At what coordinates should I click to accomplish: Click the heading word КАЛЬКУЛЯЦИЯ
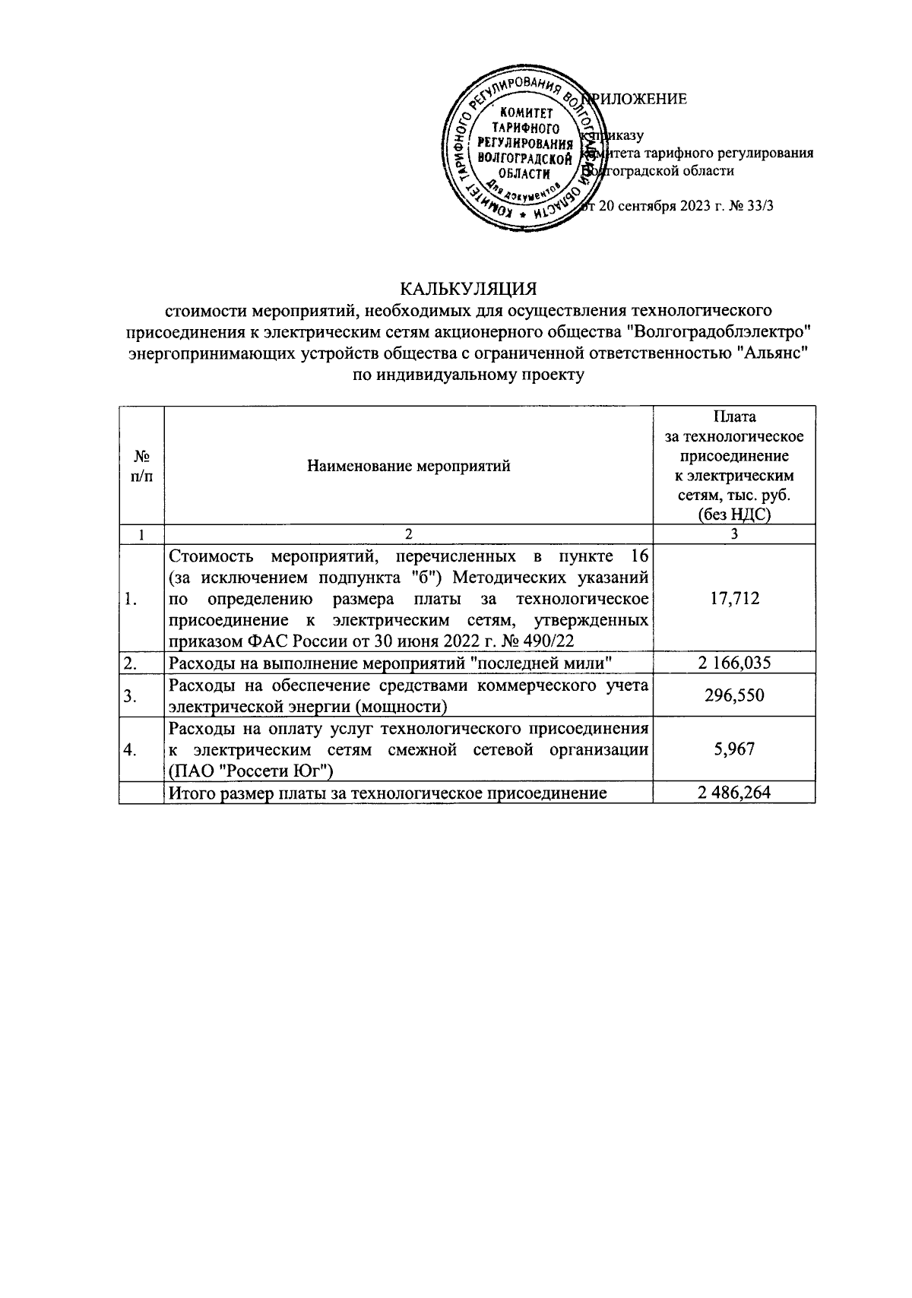pyautogui.click(x=469, y=290)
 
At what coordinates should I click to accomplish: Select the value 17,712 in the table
pyautogui.click(x=733, y=599)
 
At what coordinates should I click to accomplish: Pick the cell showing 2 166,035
pyautogui.click(x=733, y=663)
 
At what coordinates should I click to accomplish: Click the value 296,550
pyautogui.click(x=733, y=696)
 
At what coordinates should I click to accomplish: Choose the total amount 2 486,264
pyautogui.click(x=733, y=793)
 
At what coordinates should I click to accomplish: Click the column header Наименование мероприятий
pyautogui.click(x=408, y=466)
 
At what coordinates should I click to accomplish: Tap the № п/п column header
pyautogui.click(x=141, y=466)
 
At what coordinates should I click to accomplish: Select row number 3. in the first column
pyautogui.click(x=131, y=696)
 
